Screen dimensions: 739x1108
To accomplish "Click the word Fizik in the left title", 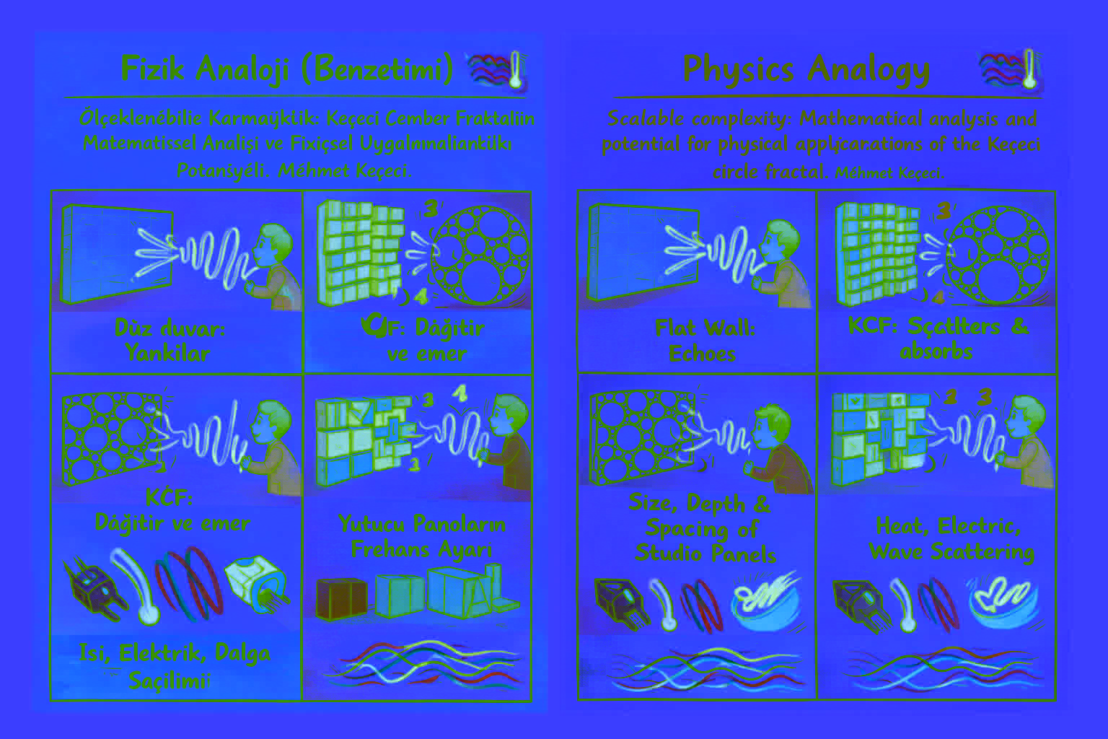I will tap(154, 69).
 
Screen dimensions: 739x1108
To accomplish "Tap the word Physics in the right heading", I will tap(739, 69).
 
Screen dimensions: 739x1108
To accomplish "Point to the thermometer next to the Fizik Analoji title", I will tap(515, 69).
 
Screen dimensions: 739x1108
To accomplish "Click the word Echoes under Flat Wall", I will tap(702, 354).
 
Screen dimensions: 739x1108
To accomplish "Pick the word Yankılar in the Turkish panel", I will tap(167, 354).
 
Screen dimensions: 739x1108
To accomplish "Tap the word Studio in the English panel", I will tap(667, 554).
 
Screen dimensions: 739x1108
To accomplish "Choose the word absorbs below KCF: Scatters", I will tap(936, 351).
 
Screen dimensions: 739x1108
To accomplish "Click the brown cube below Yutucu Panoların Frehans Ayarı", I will tap(341, 599).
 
